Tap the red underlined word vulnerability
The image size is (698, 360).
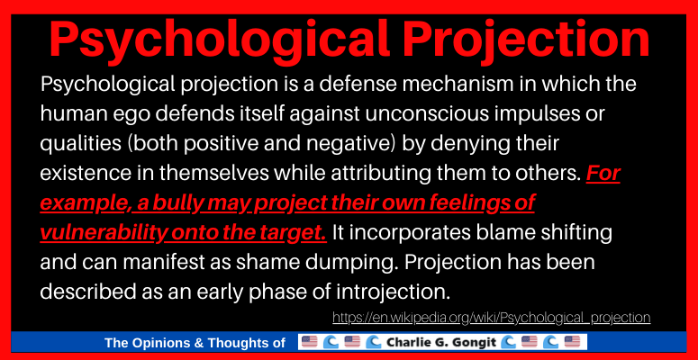[104, 233]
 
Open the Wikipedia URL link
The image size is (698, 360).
[491, 318]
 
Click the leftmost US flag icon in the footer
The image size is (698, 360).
[310, 342]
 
